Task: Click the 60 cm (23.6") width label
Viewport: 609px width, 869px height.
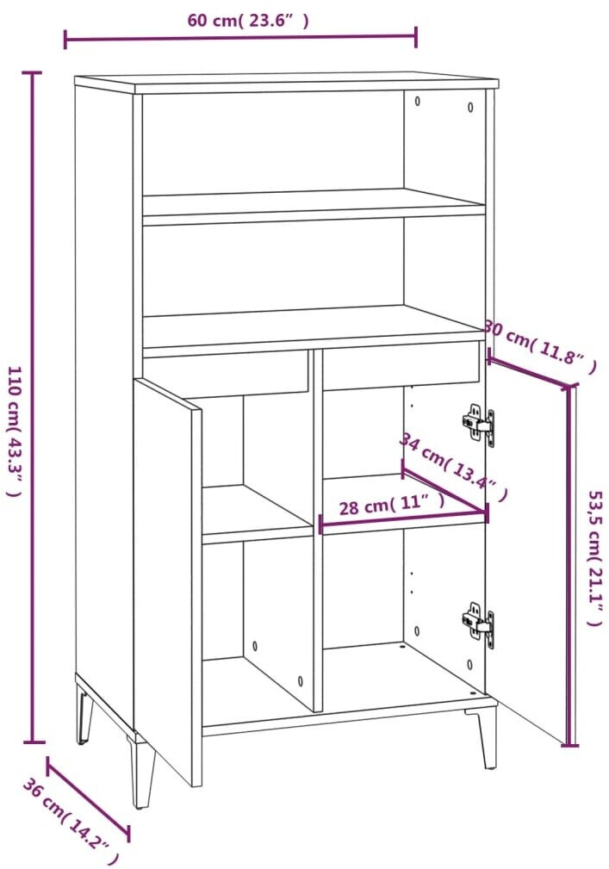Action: click(x=248, y=21)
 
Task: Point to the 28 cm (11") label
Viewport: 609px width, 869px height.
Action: click(x=392, y=506)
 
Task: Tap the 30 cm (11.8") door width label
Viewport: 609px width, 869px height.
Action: click(x=541, y=346)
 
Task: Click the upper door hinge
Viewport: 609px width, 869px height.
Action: click(x=478, y=425)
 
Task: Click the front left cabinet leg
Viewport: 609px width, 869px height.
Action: click(x=143, y=771)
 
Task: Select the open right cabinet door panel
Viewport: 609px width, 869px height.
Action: click(x=527, y=551)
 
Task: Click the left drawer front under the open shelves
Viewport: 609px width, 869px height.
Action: click(x=226, y=373)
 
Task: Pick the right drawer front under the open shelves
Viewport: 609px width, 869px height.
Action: click(x=401, y=364)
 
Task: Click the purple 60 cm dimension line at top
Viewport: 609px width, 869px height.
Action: click(x=240, y=38)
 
